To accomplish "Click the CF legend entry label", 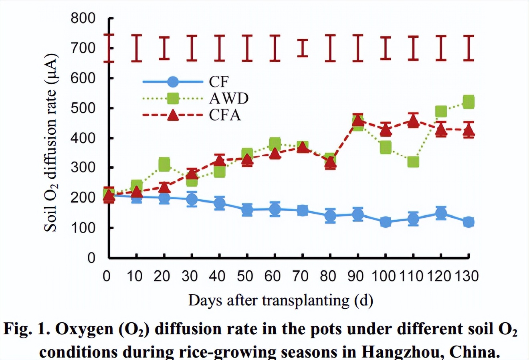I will (219, 82).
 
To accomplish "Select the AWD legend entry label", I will (229, 98).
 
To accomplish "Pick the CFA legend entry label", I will (225, 115).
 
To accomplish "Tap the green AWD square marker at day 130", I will (468, 102).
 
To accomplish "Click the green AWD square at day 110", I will (413, 162).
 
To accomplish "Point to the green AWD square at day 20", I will (164, 164).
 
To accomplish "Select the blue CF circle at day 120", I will (441, 212).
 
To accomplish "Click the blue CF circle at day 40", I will (219, 203).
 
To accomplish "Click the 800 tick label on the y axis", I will (83, 18).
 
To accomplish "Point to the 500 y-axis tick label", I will (83, 108).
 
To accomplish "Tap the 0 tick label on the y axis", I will (91, 257).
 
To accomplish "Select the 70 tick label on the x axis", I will (300, 276).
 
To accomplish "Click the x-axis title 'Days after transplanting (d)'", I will (281, 300).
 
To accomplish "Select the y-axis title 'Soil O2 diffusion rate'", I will (51, 142).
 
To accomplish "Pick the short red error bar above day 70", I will (303, 48).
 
